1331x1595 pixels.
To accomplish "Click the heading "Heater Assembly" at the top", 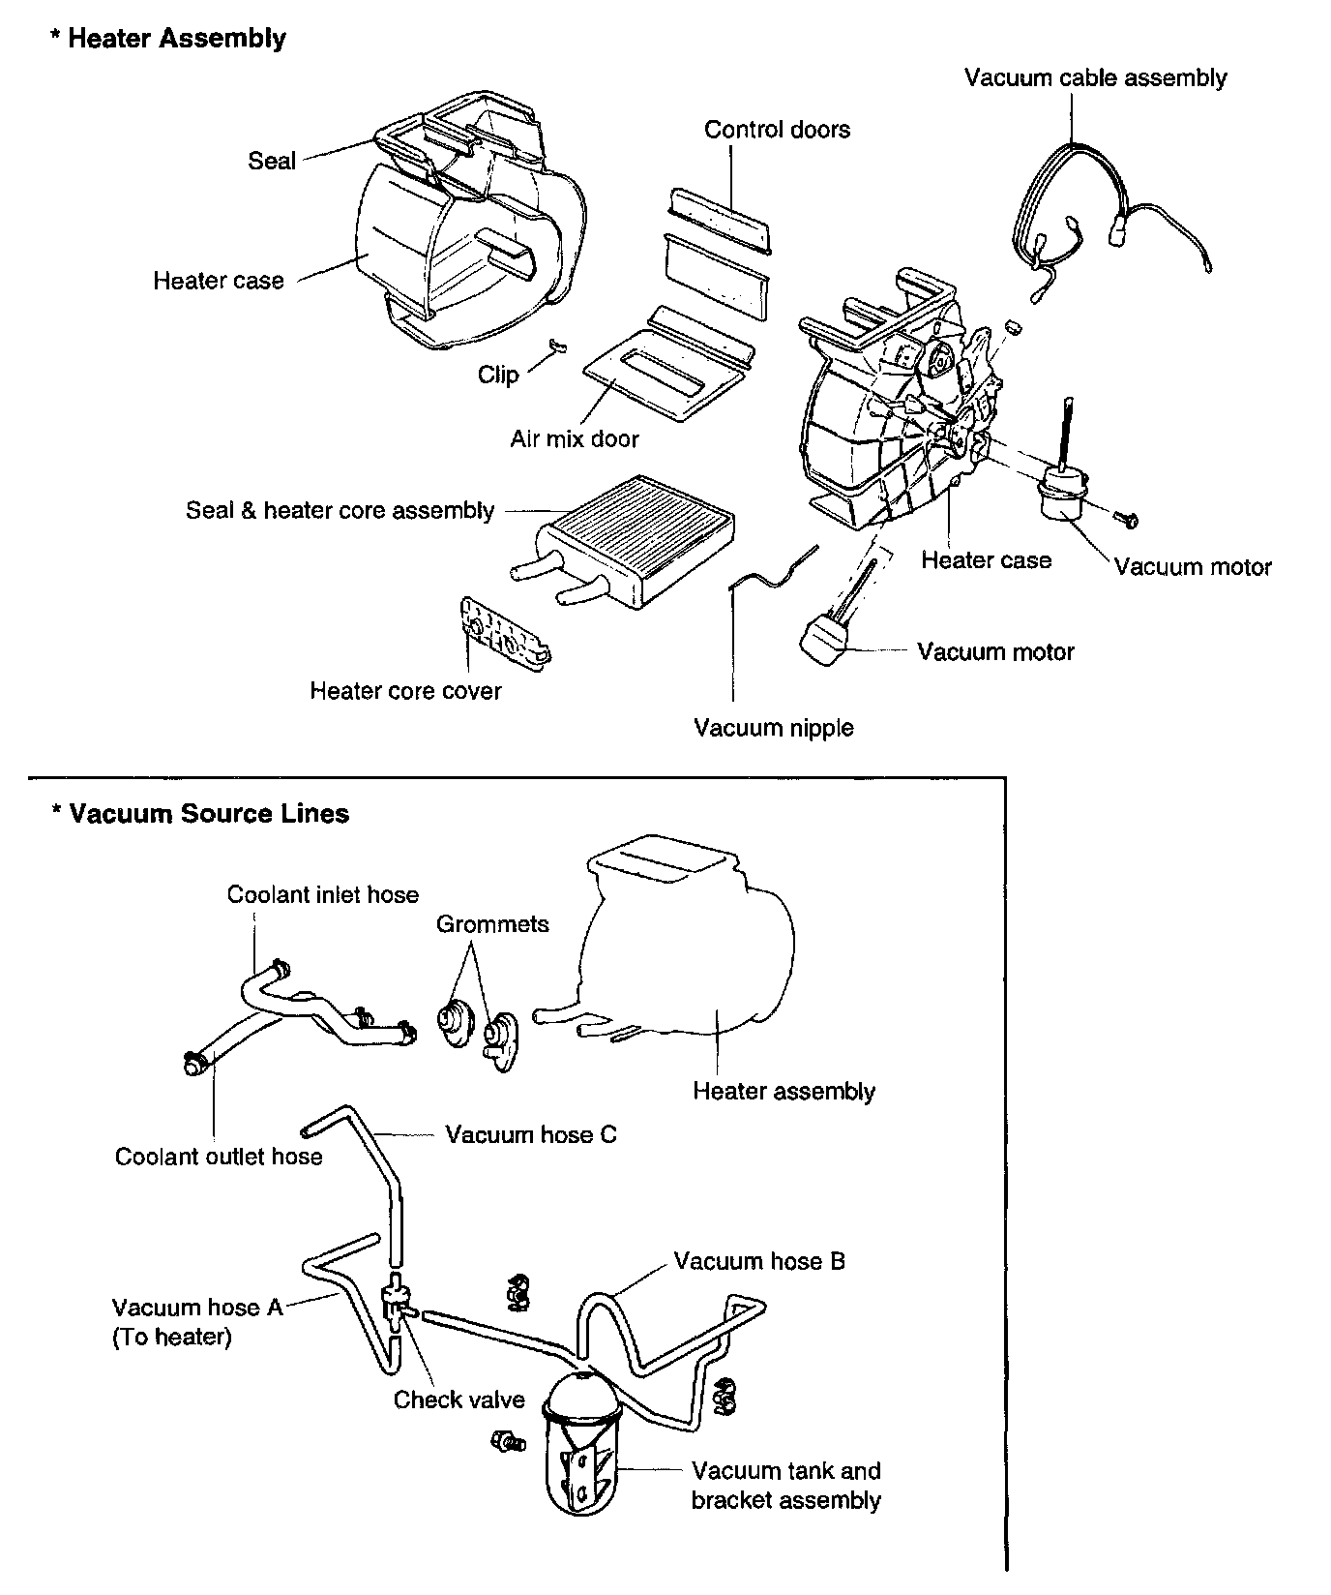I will pos(176,39).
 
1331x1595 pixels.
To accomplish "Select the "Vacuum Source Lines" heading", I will pos(208,813).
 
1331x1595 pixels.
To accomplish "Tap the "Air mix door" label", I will pos(575,439).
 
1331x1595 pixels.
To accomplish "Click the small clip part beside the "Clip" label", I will pos(555,346).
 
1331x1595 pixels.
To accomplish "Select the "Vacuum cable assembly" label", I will pos(1095,78).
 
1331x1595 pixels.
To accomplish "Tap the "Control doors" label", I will pos(777,130).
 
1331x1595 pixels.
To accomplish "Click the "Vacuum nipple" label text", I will pos(774,728).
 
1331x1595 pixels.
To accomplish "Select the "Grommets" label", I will pos(492,924).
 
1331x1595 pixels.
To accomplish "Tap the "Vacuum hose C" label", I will pos(530,1134).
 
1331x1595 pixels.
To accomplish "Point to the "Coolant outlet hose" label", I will pos(219,1157).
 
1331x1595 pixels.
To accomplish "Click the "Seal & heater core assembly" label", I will pos(340,511).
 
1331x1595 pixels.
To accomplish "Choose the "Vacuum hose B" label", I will pos(759,1261).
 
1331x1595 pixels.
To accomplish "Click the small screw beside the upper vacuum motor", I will pos(1127,521).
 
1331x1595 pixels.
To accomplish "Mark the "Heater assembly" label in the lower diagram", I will pos(784,1092).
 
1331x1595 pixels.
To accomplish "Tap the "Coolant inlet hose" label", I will pos(323,894).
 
